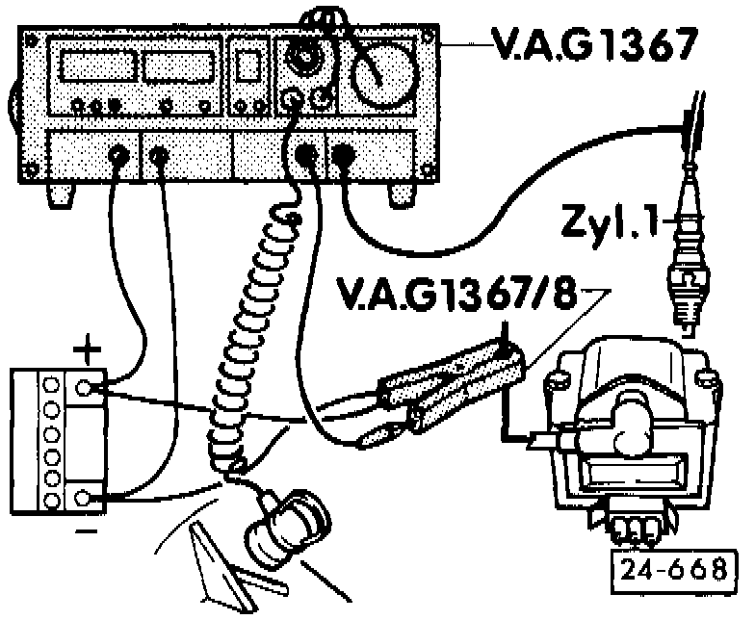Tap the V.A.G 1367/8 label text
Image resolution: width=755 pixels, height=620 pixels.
click(x=462, y=295)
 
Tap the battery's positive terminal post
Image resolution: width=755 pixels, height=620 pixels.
click(x=88, y=389)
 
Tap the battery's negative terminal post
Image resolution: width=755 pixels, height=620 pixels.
click(x=88, y=498)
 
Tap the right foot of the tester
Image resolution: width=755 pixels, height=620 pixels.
click(x=402, y=194)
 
